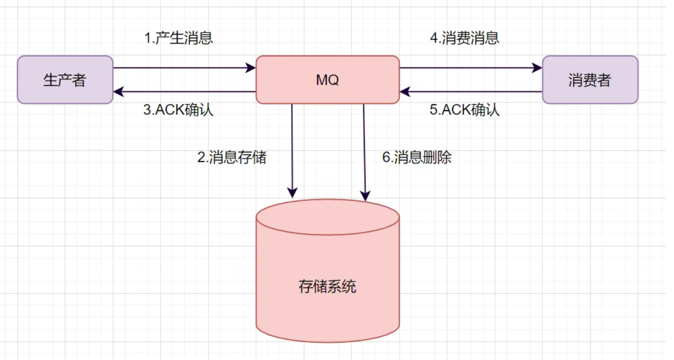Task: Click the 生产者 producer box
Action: click(x=65, y=80)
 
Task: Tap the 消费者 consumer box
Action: click(x=590, y=80)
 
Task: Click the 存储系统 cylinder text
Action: click(x=327, y=287)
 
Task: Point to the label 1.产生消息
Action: click(x=179, y=39)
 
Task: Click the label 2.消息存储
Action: click(x=232, y=157)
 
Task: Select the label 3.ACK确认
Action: click(x=178, y=110)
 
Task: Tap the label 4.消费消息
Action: click(x=465, y=39)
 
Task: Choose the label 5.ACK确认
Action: click(x=465, y=110)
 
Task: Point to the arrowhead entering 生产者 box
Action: click(x=118, y=92)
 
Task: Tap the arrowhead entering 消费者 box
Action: click(x=537, y=68)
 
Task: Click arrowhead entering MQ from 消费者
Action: click(x=405, y=92)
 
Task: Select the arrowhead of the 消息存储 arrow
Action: click(x=292, y=193)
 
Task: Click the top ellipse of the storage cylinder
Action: click(x=327, y=217)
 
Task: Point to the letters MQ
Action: click(x=327, y=80)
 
